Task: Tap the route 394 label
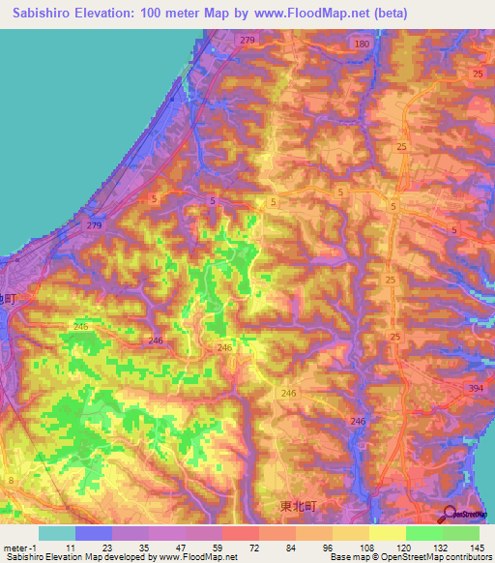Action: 476,388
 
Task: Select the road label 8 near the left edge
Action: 11,481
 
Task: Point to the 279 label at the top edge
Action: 247,40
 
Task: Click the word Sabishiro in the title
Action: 44,14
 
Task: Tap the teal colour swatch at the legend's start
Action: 56,533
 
